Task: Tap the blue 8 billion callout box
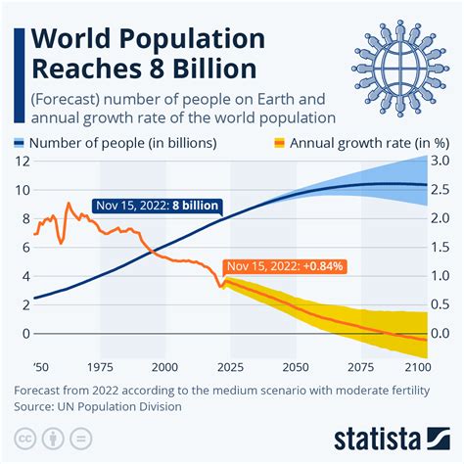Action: point(158,206)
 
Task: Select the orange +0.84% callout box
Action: point(285,265)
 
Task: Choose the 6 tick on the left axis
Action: point(23,248)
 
